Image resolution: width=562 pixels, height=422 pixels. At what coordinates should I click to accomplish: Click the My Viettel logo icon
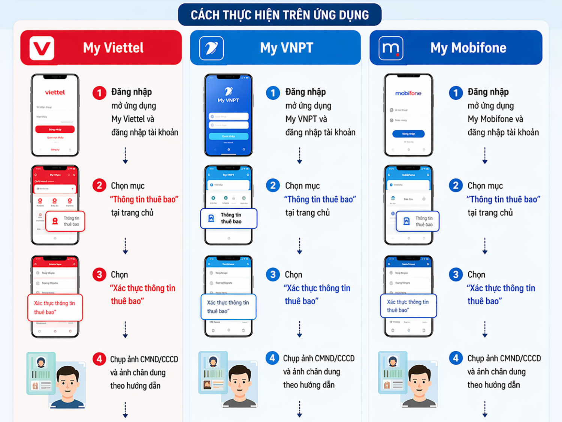(42, 48)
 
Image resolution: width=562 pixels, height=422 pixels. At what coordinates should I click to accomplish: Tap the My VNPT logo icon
(211, 48)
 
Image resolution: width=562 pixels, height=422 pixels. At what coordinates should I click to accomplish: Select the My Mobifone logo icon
(391, 48)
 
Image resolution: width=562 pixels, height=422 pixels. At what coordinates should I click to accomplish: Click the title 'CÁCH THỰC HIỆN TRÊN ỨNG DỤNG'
(280, 15)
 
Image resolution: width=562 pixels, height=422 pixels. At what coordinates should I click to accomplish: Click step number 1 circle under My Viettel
(99, 93)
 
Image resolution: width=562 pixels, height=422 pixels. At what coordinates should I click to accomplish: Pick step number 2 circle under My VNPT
(273, 186)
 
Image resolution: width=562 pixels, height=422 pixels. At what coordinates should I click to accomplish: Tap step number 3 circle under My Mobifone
(456, 275)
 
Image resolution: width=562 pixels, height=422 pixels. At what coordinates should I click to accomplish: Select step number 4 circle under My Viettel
(99, 359)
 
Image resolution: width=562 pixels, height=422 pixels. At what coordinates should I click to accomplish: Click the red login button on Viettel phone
(55, 129)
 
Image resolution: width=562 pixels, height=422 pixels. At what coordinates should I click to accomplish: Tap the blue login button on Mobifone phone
(408, 133)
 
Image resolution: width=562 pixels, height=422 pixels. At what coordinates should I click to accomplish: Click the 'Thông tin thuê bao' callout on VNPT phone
(229, 218)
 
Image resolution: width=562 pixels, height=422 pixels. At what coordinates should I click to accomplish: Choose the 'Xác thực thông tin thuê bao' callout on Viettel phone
(55, 308)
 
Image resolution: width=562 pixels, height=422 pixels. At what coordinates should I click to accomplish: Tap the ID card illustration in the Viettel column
(41, 373)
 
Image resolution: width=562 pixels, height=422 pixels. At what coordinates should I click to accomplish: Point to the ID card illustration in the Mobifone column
(392, 373)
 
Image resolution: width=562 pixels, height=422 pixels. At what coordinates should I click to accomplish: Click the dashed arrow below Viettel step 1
(126, 156)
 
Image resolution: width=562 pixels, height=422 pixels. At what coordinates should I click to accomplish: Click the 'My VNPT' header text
(287, 48)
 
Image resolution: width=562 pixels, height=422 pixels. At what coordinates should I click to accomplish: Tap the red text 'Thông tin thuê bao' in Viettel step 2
(144, 199)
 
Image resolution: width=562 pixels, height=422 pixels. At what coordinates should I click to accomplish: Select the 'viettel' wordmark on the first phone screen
(55, 92)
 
